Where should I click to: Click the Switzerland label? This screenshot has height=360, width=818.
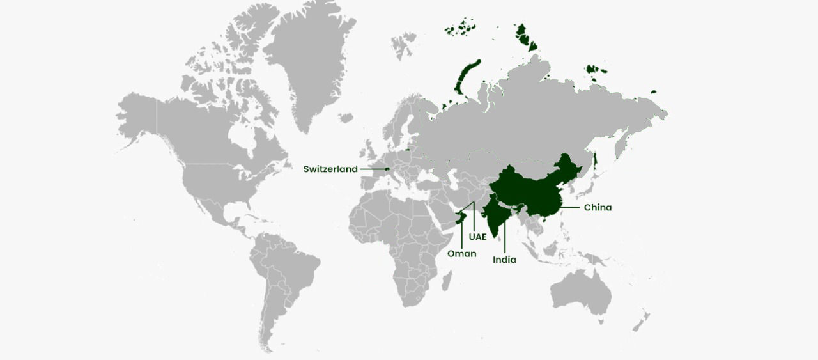[x=330, y=169]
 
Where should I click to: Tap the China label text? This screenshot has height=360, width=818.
[x=598, y=207]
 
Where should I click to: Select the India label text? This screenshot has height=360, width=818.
[x=504, y=260]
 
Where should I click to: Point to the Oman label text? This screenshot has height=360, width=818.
[x=461, y=254]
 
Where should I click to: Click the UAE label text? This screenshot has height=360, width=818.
[x=477, y=237]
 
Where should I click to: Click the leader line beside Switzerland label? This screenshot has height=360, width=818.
[x=373, y=169]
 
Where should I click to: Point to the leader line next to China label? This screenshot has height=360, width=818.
[x=572, y=207]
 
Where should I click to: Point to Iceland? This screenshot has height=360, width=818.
[x=346, y=118]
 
